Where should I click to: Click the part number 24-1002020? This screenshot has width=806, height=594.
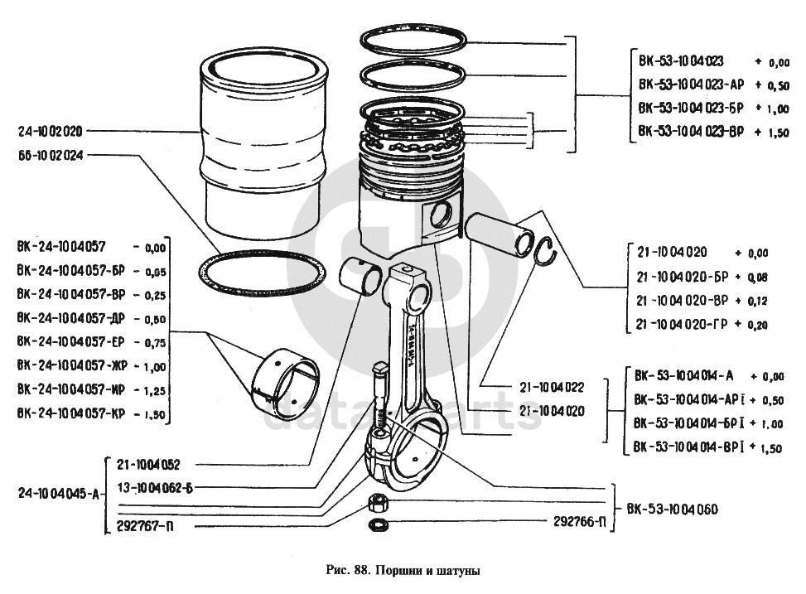(51, 131)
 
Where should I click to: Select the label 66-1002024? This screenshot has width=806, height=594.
(51, 155)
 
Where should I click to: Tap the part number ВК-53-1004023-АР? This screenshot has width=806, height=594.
(691, 85)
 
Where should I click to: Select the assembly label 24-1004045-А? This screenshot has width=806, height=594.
(58, 495)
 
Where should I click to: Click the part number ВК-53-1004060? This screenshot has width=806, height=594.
(672, 509)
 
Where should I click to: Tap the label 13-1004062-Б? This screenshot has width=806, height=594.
(154, 487)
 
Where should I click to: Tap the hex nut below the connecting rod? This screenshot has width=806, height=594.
(375, 503)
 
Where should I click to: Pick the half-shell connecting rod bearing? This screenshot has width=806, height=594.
(287, 383)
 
